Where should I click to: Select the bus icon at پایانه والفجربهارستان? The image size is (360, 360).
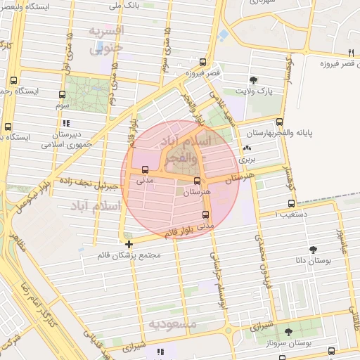coord(280,122)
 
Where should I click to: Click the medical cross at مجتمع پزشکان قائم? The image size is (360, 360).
coord(129,244)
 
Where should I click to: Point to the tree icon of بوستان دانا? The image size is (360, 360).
coord(313,249)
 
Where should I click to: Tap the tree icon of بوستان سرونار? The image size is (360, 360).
coord(288,331)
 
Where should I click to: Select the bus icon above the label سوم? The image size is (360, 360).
coord(62,95)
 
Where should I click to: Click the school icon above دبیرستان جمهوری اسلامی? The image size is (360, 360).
coord(66,123)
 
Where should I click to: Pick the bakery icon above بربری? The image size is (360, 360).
coord(247,148)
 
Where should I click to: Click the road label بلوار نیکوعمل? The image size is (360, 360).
coord(28,197)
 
